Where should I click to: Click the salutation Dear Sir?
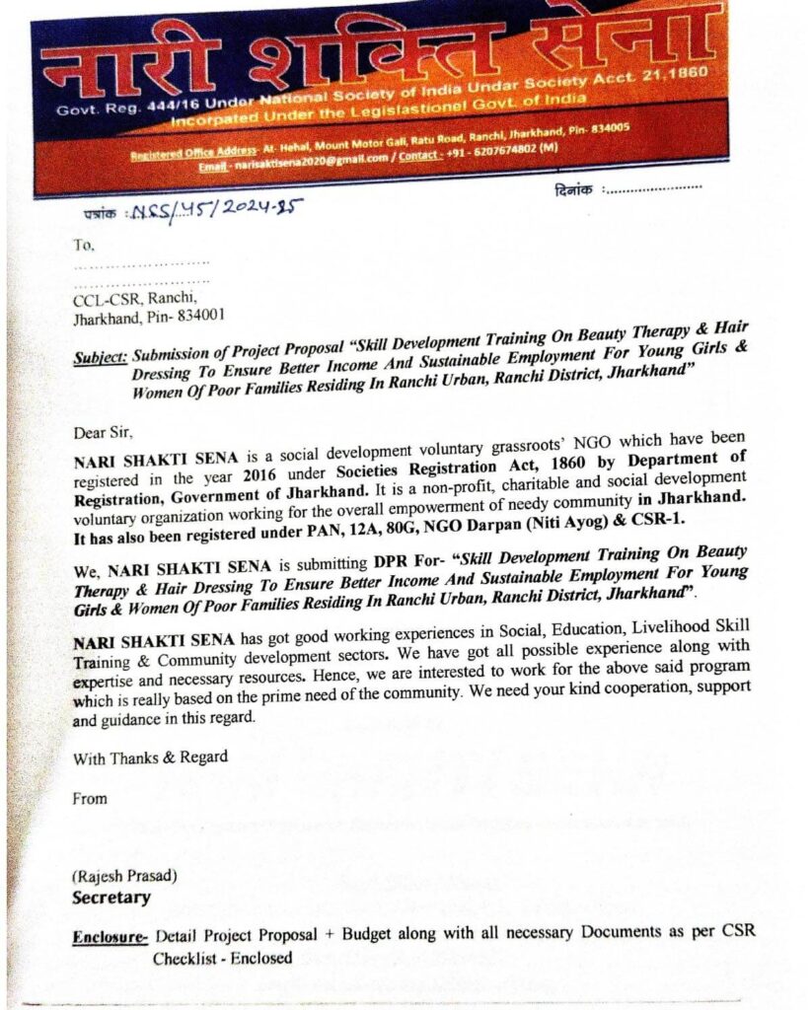[x=101, y=431]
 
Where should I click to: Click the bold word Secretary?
[x=111, y=898]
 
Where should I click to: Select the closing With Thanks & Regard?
[x=150, y=757]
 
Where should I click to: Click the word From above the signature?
[x=90, y=799]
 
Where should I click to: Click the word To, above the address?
[x=84, y=246]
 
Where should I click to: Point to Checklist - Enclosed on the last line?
[x=222, y=958]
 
